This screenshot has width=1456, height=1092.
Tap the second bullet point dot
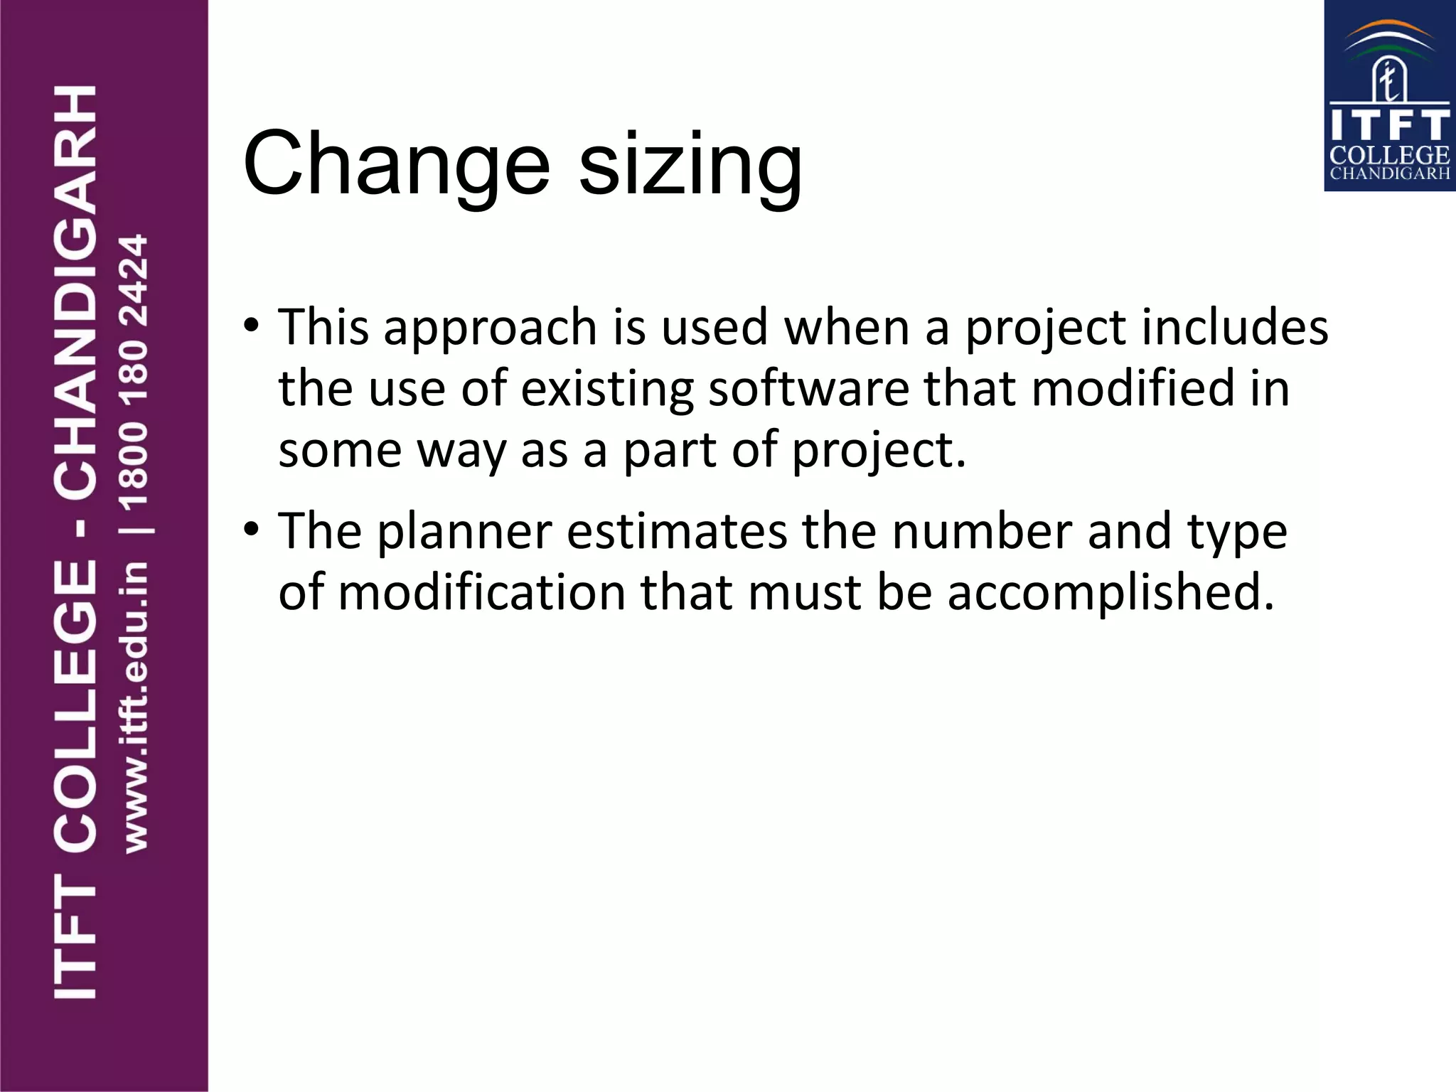point(251,530)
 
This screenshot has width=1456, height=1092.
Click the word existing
point(607,390)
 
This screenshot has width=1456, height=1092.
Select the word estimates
point(677,531)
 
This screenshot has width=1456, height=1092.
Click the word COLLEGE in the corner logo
point(1389,155)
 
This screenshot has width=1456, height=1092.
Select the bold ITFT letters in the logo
point(1389,125)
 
